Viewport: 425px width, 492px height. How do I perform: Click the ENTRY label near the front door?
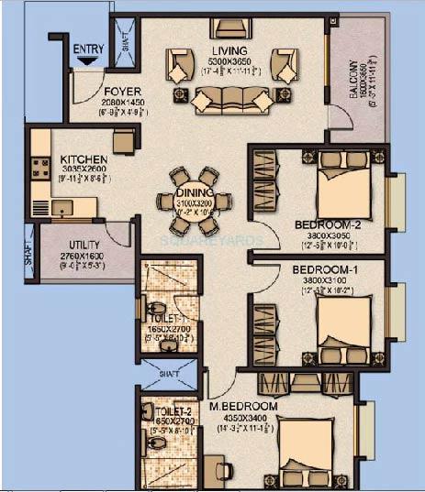[88, 48]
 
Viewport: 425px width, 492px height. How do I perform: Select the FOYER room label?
[121, 91]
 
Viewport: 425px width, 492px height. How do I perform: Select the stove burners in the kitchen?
[40, 168]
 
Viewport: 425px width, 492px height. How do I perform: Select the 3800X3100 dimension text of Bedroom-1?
[321, 281]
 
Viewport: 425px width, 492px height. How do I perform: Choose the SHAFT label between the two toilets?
[168, 374]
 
